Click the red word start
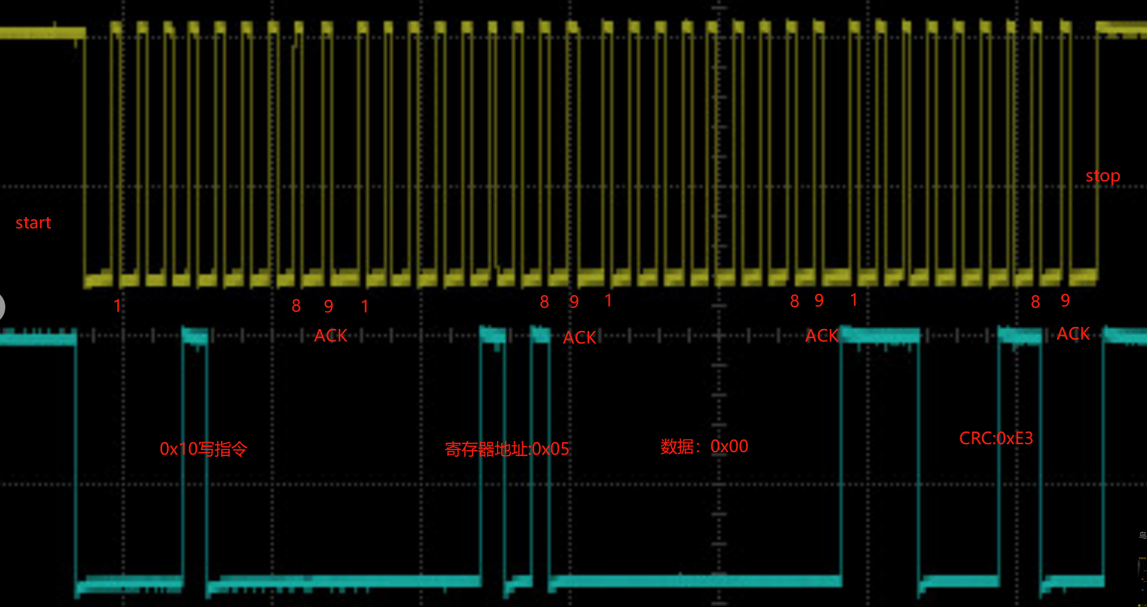coord(33,222)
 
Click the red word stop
coord(1103,176)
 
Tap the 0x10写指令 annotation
coord(203,449)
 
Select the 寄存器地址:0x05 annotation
coord(507,449)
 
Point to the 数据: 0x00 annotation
coord(704,446)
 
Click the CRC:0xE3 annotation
coord(996,438)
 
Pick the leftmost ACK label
coord(330,336)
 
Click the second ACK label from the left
coord(580,338)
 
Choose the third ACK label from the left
coord(822,336)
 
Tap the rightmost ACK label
coord(1074,334)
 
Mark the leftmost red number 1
coord(117,306)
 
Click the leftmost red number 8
coord(296,306)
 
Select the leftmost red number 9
coord(328,306)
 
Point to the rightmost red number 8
coord(1035,302)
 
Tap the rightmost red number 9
coord(1065,301)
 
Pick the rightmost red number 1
coord(854,300)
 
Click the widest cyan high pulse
coord(880,335)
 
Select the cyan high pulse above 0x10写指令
coord(195,335)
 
